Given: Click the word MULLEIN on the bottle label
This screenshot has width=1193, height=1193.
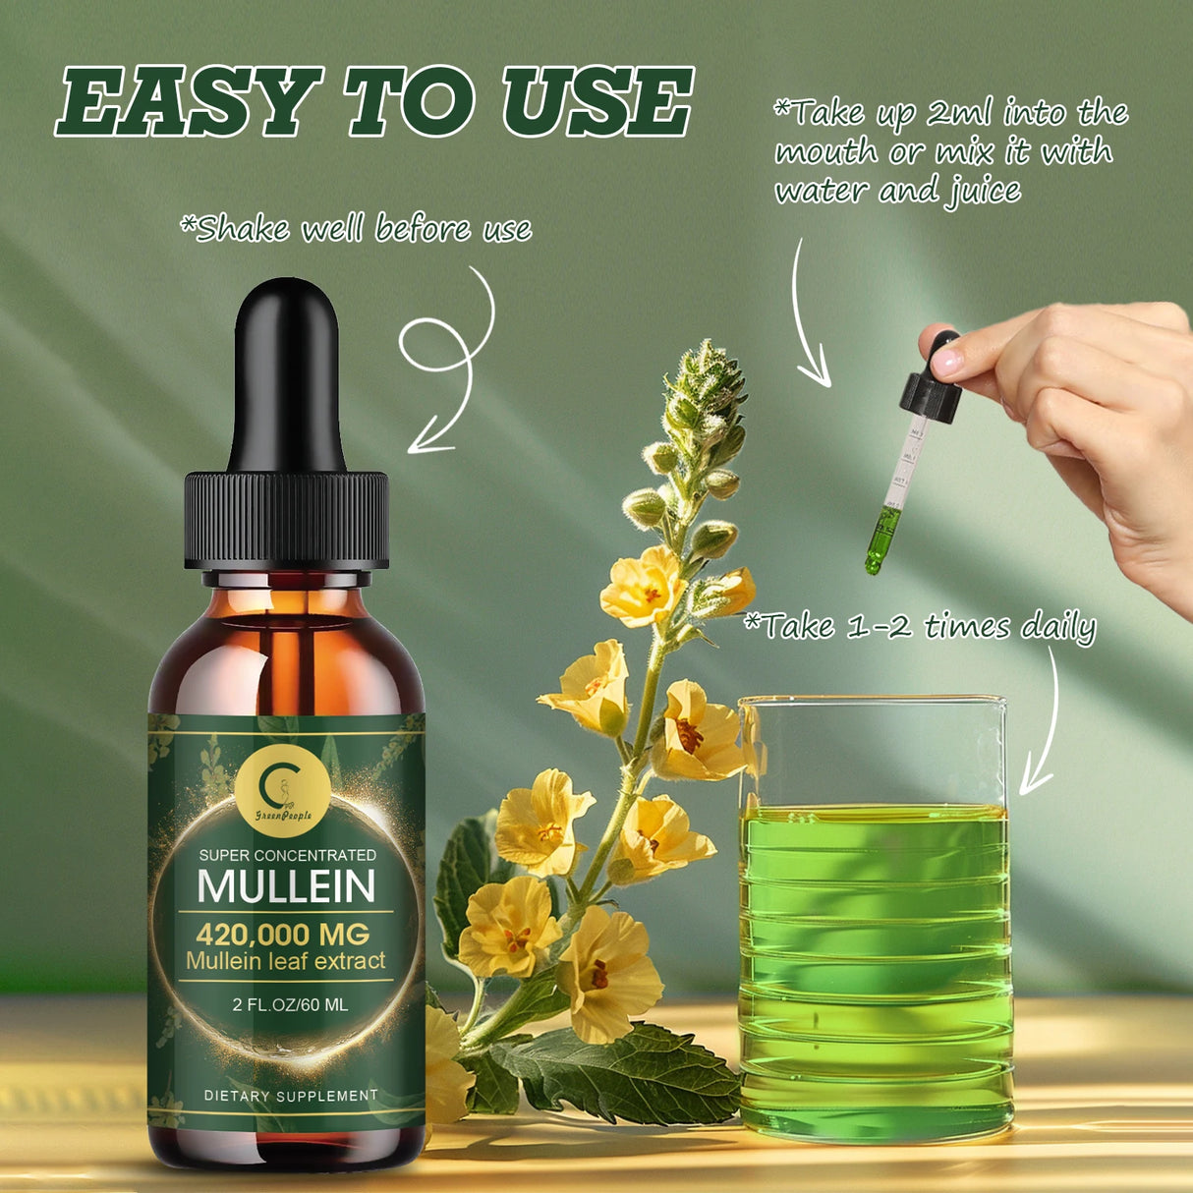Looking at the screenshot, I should click(286, 885).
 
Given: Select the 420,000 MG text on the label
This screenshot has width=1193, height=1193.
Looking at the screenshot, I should click(283, 933).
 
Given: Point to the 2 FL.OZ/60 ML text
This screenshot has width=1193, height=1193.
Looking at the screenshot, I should click(285, 1004).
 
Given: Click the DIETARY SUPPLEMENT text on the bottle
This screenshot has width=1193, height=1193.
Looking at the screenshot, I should click(291, 1095).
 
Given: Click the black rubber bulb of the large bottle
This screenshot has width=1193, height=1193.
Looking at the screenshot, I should click(288, 373).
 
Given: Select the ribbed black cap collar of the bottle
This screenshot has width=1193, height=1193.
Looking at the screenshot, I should click(287, 521).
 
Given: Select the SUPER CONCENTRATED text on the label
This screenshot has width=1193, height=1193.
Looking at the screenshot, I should click(287, 855).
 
